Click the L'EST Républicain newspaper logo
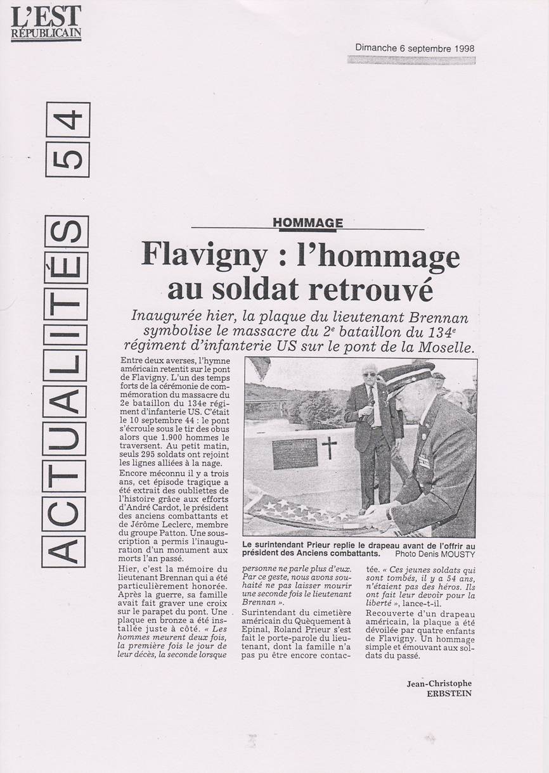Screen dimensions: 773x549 click(x=46, y=23)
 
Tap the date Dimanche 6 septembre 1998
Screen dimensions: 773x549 click(x=415, y=48)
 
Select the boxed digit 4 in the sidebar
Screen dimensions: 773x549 click(x=67, y=120)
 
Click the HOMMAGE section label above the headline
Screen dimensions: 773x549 click(x=307, y=222)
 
